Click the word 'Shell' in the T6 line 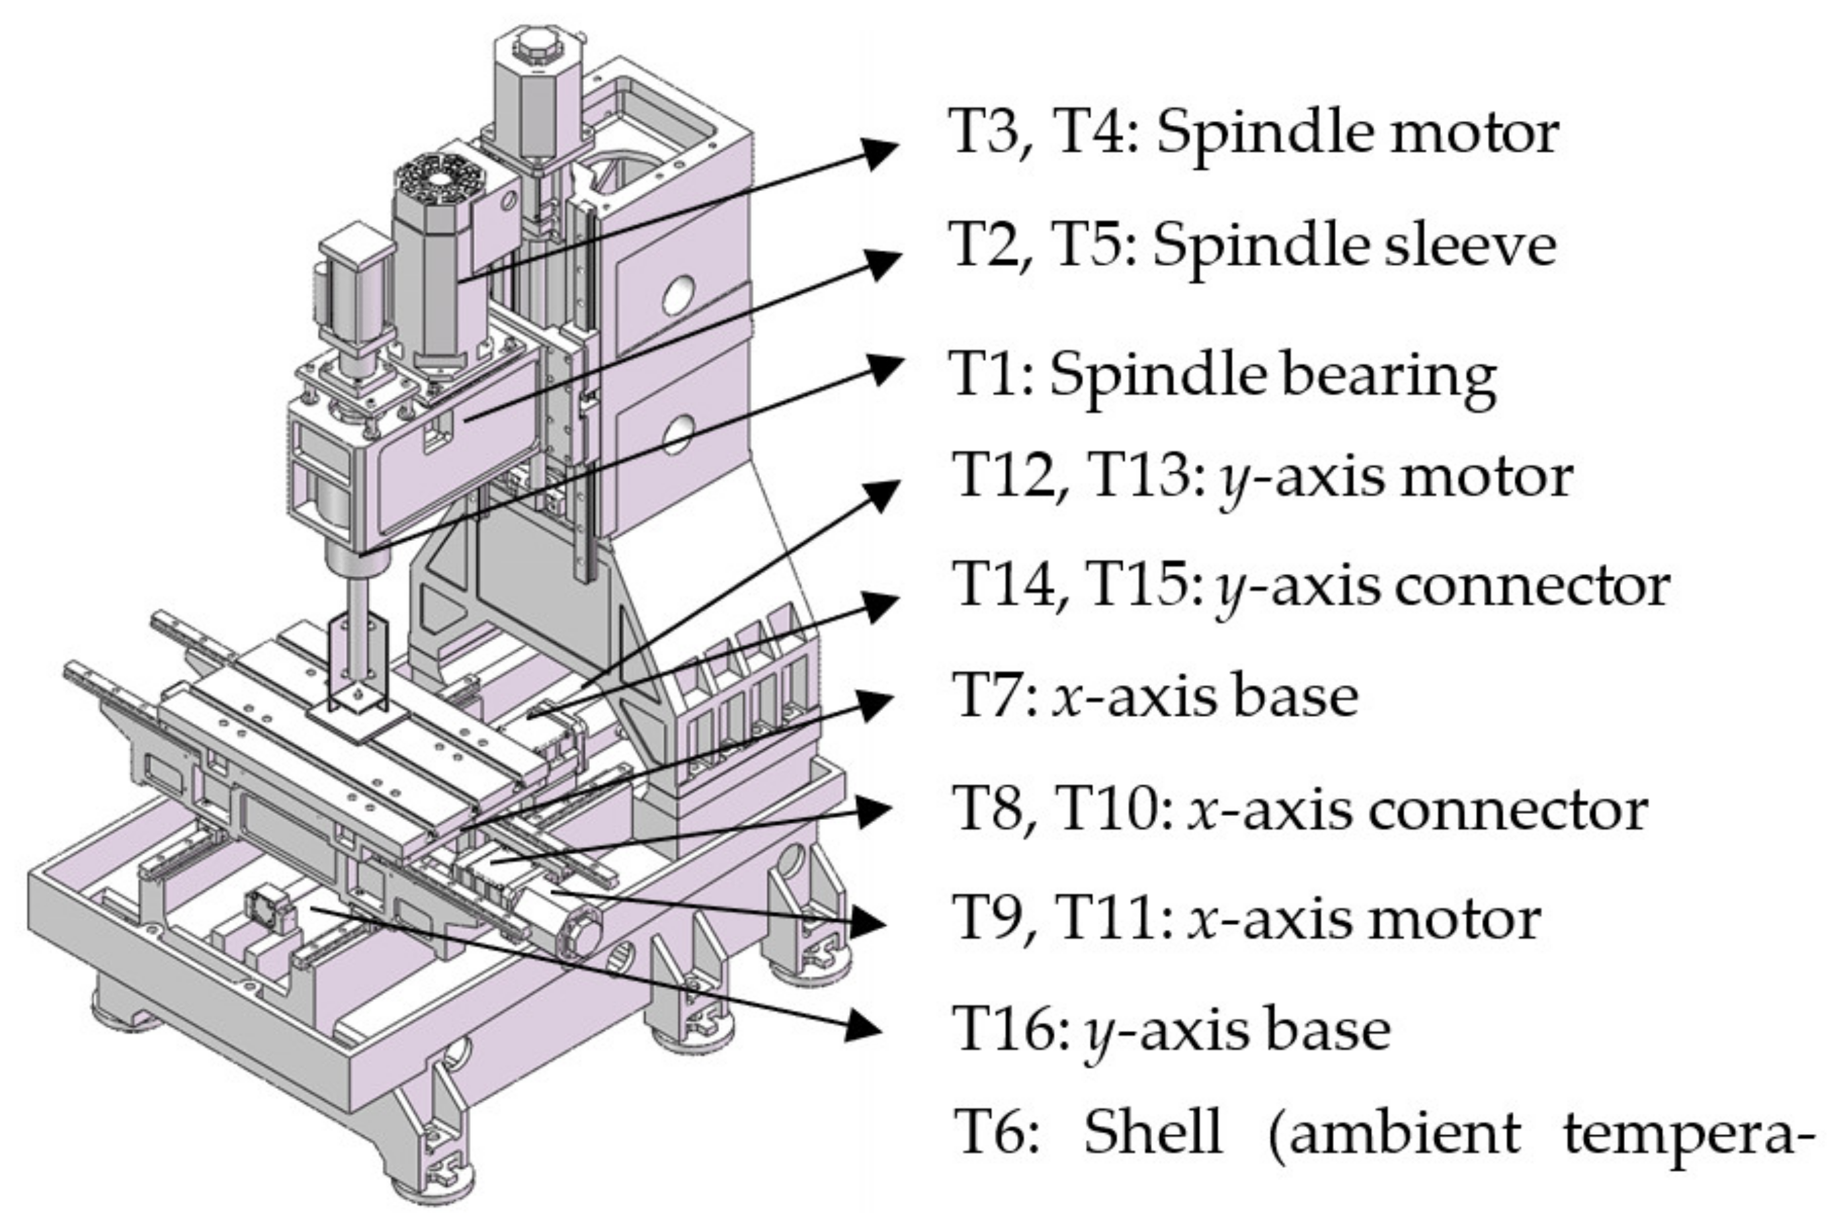[x=1153, y=1131]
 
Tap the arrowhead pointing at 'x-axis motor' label [x=868, y=923]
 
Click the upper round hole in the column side [x=677, y=296]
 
